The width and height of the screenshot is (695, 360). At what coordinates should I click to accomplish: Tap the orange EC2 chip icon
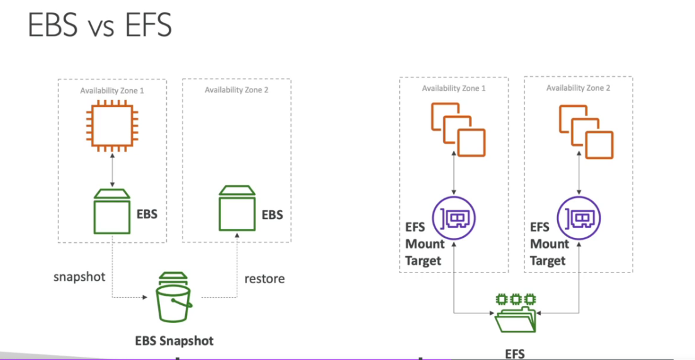[112, 125]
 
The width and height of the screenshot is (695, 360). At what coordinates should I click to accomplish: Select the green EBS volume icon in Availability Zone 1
[112, 210]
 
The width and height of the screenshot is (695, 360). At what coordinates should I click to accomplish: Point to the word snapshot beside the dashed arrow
[79, 277]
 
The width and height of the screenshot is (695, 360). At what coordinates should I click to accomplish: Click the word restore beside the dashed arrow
[264, 278]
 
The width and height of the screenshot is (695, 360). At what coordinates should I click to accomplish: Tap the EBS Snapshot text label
[174, 341]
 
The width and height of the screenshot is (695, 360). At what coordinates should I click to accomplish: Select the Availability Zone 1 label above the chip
[112, 91]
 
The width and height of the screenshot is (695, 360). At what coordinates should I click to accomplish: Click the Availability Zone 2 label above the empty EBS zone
[237, 90]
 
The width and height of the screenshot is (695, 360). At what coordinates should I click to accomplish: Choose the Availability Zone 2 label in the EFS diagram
[578, 88]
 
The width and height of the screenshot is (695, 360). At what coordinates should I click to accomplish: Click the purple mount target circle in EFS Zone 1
[455, 218]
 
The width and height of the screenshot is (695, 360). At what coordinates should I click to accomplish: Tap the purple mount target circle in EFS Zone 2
[579, 218]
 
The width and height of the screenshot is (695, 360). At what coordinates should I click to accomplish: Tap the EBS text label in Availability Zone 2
[273, 215]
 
